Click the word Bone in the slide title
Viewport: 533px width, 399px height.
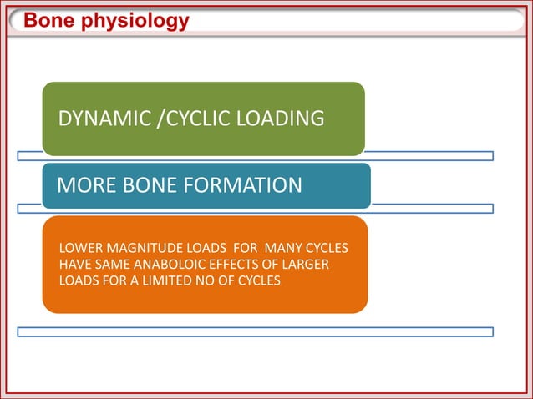click(x=47, y=20)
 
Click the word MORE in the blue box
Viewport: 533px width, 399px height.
click(x=83, y=184)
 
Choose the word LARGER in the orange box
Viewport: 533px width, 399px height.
click(x=305, y=265)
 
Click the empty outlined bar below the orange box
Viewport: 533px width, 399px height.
click(x=255, y=331)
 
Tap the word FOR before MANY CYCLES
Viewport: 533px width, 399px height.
click(x=240, y=249)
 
